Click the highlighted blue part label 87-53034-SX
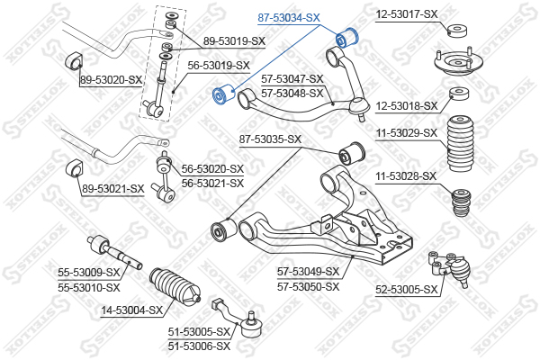pyautogui.click(x=289, y=18)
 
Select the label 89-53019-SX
pyautogui.click(x=234, y=41)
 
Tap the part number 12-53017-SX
pyautogui.click(x=407, y=14)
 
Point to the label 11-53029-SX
pyautogui.click(x=407, y=132)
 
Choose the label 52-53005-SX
pyautogui.click(x=407, y=290)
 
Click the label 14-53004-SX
pyautogui.click(x=132, y=310)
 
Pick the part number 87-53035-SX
pyautogui.click(x=270, y=139)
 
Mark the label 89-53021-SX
pyautogui.click(x=113, y=189)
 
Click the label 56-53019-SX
pyautogui.click(x=219, y=65)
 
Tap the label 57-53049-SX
pyautogui.click(x=308, y=272)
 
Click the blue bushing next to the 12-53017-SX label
pyautogui.click(x=347, y=38)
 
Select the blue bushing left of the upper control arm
pyautogui.click(x=223, y=94)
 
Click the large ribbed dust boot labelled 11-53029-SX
pyautogui.click(x=460, y=143)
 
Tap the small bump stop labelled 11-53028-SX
pyautogui.click(x=461, y=202)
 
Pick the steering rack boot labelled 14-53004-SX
pyautogui.click(x=175, y=286)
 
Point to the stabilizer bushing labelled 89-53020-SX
pyautogui.click(x=74, y=62)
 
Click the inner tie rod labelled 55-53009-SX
pyautogui.click(x=114, y=252)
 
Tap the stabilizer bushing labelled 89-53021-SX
pyautogui.click(x=74, y=167)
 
